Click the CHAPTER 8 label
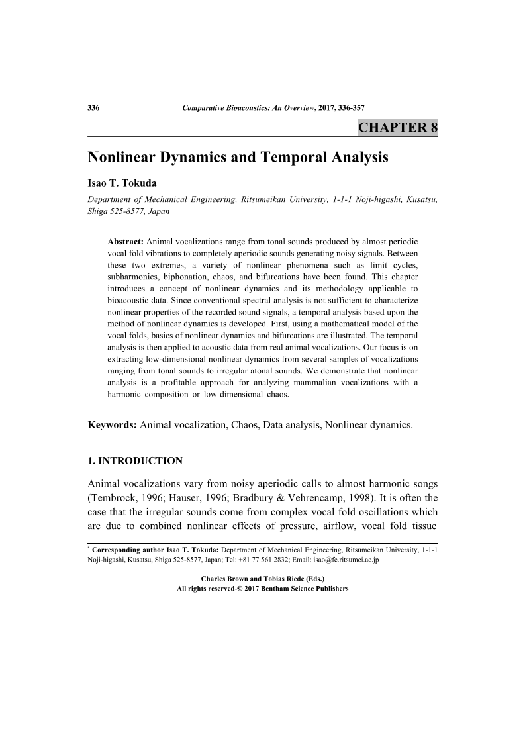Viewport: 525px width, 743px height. pos(397,128)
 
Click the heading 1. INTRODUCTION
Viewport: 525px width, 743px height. pos(135,460)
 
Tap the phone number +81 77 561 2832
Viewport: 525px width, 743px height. pos(250,559)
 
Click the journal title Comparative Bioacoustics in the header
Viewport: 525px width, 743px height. pos(222,108)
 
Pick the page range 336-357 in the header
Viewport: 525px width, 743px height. pos(350,108)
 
